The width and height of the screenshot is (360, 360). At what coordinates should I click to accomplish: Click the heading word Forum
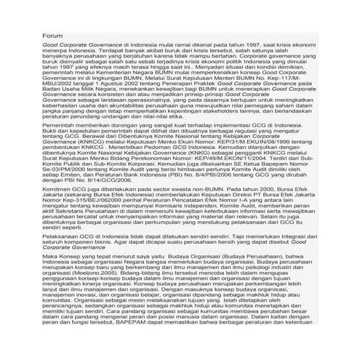tap(52, 35)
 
